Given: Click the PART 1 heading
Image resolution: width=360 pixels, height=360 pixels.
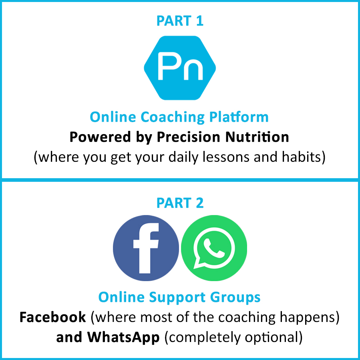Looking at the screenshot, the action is tap(180, 21).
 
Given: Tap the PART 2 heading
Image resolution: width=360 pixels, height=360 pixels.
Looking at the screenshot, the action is tap(180, 203).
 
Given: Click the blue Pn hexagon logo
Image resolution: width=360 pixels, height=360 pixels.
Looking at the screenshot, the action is tap(180, 68).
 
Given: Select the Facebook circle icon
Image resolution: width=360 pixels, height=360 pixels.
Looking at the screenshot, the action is tap(146, 248).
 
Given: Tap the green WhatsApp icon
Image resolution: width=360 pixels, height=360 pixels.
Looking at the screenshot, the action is tap(214, 248).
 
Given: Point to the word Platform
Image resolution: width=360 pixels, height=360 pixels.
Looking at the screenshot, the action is tap(239, 117).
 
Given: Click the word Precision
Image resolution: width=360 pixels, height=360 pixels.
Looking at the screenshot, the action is tap(188, 137).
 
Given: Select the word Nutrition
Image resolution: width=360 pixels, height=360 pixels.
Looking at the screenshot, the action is tap(257, 137).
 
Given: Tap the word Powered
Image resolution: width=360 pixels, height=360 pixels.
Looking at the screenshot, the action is tap(100, 137).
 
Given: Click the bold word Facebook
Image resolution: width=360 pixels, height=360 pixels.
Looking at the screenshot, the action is tap(52, 317).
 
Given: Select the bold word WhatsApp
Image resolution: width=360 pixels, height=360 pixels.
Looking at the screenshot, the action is tap(123, 338).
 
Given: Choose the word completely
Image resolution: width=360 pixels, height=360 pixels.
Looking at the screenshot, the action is tap(204, 338).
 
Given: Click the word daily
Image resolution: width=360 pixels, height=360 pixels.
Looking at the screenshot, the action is tap(183, 157).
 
